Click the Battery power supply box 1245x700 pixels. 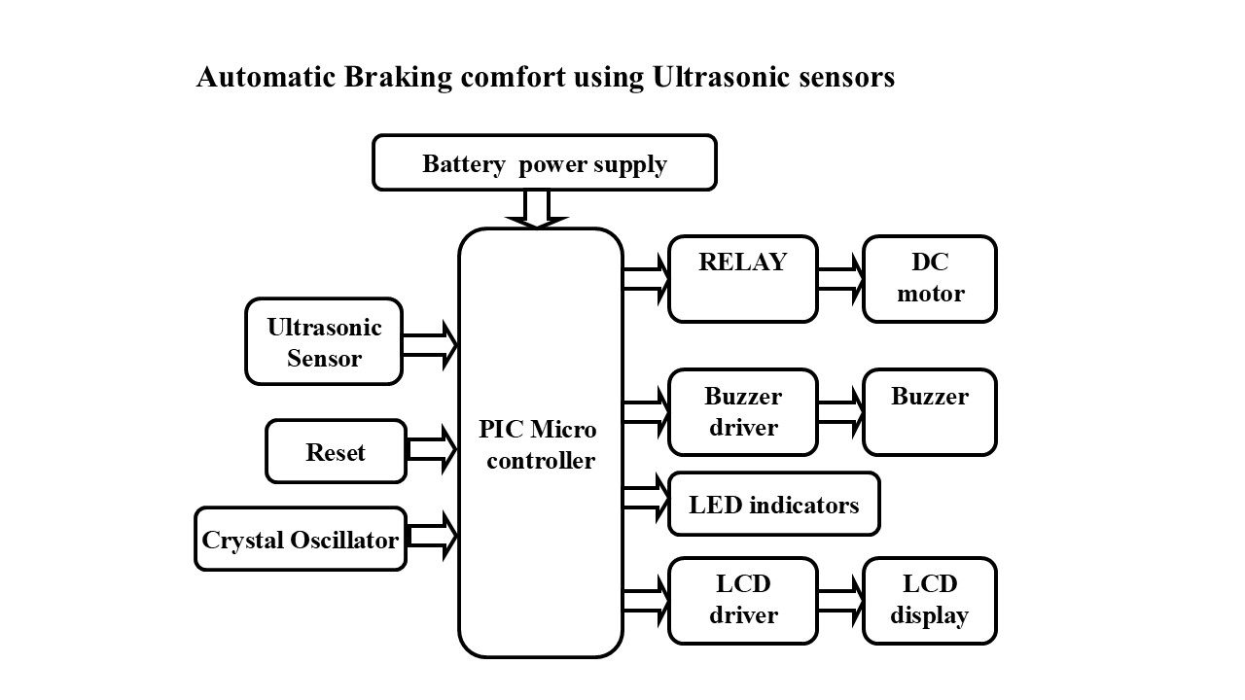(545, 162)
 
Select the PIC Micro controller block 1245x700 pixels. (540, 443)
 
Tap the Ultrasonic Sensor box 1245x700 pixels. (324, 341)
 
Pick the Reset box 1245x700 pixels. (336, 451)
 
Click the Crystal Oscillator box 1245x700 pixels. (301, 539)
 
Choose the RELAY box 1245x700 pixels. (742, 278)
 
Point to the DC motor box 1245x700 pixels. (930, 278)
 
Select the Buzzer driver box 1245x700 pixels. (742, 411)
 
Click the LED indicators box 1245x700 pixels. (773, 504)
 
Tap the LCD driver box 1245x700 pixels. (742, 600)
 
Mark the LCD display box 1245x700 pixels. (930, 600)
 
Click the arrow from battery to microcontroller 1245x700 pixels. (536, 208)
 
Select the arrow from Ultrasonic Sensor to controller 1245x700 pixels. (430, 345)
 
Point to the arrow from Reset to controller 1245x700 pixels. (432, 450)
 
